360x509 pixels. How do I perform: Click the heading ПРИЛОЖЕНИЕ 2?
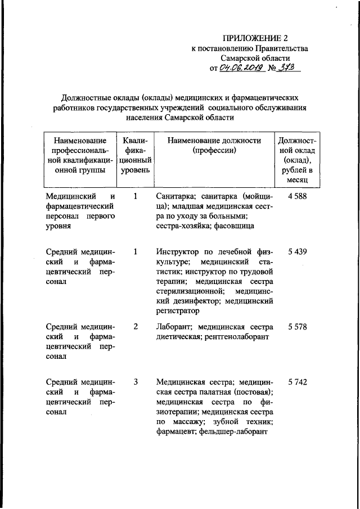pyautogui.click(x=255, y=38)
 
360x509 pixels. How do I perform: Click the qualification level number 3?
pyautogui.click(x=136, y=382)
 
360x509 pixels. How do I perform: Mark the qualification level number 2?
pyautogui.click(x=136, y=327)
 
